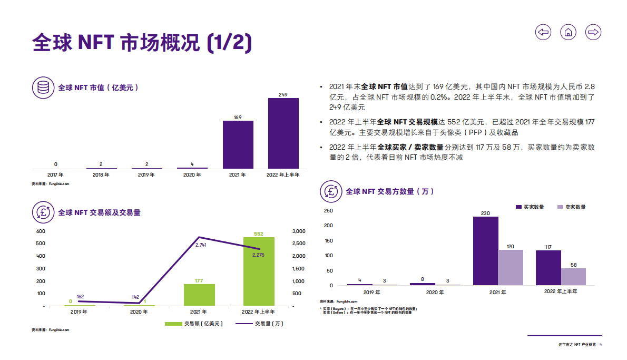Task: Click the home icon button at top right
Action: pyautogui.click(x=568, y=32)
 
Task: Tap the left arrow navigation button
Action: pyautogui.click(x=543, y=32)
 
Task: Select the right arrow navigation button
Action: pyautogui.click(x=593, y=32)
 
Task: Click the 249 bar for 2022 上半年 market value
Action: pyautogui.click(x=283, y=133)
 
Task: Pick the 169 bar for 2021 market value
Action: pyautogui.click(x=238, y=144)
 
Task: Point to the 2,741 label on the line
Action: pyautogui.click(x=201, y=245)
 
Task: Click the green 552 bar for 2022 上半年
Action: pyautogui.click(x=259, y=271)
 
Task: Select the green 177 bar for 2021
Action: pyautogui.click(x=199, y=295)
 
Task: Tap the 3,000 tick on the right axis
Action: pyautogui.click(x=298, y=231)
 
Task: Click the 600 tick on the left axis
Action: pyautogui.click(x=41, y=231)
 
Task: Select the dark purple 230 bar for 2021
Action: pyautogui.click(x=485, y=250)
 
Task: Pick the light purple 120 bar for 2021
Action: pyautogui.click(x=511, y=267)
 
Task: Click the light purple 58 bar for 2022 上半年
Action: pyautogui.click(x=573, y=276)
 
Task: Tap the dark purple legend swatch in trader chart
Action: pyautogui.click(x=518, y=207)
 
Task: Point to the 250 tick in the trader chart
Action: pyautogui.click(x=328, y=211)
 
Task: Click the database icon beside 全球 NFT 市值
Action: pyautogui.click(x=43, y=87)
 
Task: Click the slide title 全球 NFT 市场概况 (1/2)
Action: pyautogui.click(x=141, y=42)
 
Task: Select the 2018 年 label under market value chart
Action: pyautogui.click(x=101, y=174)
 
